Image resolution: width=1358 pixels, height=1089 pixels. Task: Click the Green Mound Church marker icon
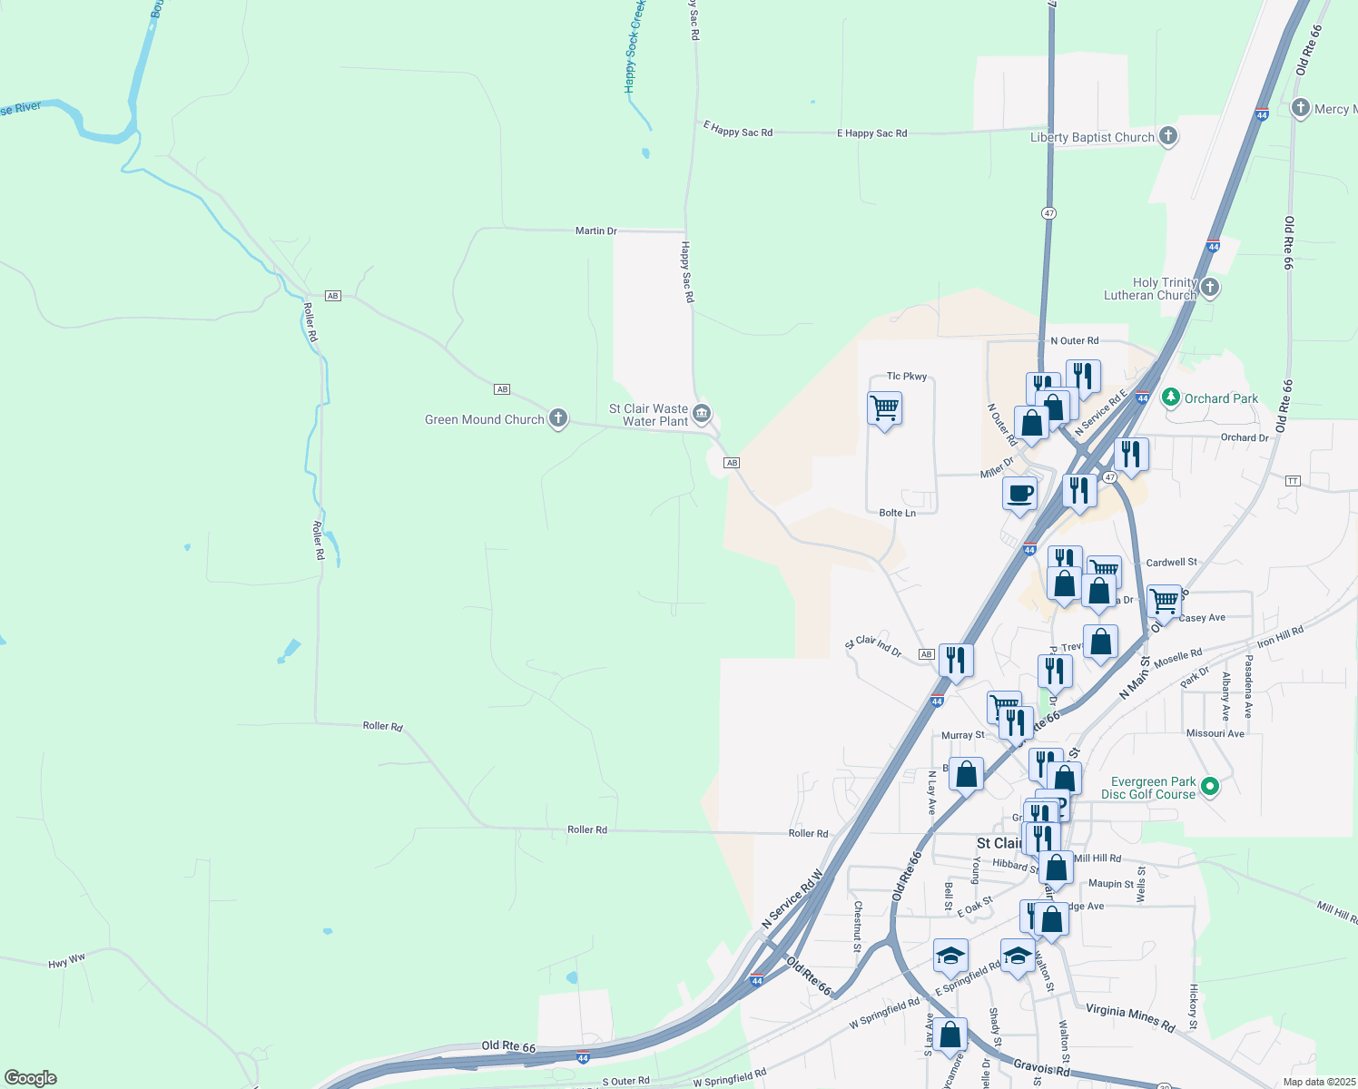click(558, 418)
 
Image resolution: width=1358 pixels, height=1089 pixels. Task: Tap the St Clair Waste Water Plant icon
click(702, 415)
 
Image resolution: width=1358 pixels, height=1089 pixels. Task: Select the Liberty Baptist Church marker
click(1168, 137)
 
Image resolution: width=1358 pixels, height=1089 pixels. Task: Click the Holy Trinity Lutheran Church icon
click(1210, 289)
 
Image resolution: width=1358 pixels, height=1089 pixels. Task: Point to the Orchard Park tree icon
click(1171, 397)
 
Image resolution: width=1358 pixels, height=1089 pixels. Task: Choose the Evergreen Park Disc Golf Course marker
click(1209, 787)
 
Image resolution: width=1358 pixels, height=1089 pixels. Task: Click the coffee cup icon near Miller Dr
click(1020, 495)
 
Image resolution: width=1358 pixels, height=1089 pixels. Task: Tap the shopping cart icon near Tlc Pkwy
click(884, 408)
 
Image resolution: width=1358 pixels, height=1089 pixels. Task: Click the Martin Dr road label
click(595, 231)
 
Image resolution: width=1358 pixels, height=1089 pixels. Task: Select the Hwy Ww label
click(66, 961)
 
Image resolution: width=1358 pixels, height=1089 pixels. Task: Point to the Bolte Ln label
click(897, 513)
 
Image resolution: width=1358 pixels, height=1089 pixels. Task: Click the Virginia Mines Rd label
click(1130, 1018)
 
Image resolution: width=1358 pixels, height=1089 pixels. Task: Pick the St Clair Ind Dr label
click(873, 645)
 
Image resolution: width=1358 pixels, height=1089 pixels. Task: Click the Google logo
click(31, 1077)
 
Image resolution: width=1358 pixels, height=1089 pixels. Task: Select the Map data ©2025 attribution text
click(1319, 1082)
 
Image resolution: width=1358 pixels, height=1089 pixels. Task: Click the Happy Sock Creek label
click(635, 45)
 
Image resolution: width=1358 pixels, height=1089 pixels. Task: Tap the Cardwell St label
click(1171, 563)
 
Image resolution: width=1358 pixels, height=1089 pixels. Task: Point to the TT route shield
click(1293, 480)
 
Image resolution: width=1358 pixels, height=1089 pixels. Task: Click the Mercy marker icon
click(1300, 108)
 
